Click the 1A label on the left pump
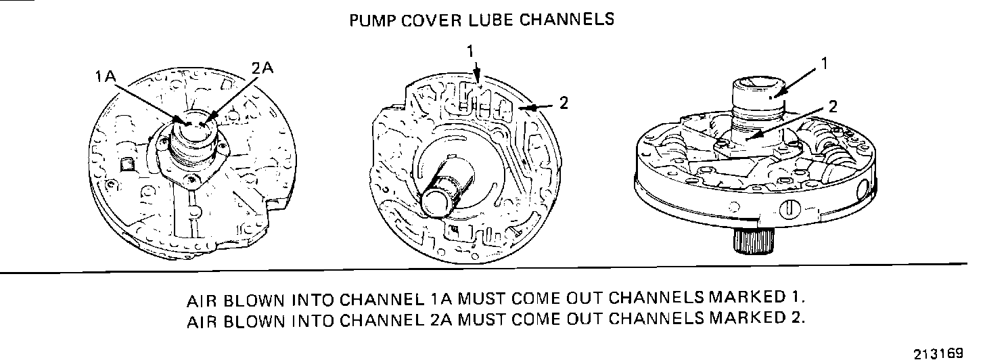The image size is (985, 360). point(106,77)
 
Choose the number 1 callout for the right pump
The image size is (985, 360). point(825,64)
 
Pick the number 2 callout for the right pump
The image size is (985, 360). point(833,106)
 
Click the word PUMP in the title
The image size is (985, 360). point(371,20)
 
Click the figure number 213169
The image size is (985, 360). point(938,353)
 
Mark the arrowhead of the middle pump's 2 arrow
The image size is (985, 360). point(530,106)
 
